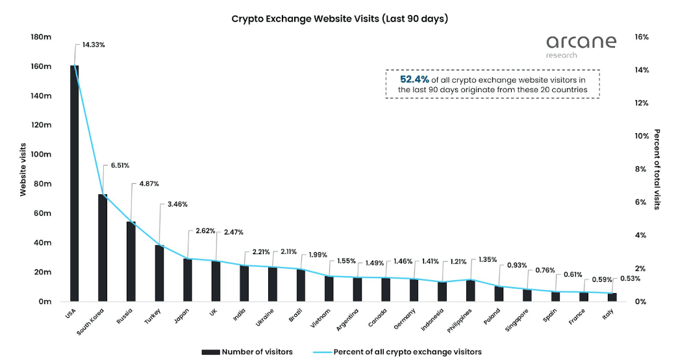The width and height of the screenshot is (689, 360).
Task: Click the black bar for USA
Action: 74,183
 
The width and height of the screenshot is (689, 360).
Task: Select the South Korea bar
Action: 103,248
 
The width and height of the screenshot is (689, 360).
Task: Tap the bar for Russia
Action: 131,261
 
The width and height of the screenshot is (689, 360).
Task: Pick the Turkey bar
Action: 159,273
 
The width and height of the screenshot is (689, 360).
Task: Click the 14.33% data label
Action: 94,45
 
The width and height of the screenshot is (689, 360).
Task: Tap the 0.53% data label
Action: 629,279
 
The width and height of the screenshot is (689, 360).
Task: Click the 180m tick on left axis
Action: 41,37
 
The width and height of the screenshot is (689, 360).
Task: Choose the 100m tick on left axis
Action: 41,155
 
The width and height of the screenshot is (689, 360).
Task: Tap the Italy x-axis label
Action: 607,315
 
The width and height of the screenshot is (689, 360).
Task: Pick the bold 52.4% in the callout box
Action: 414,79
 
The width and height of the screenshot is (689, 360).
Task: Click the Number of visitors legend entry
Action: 247,352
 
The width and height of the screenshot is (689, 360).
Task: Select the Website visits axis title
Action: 23,170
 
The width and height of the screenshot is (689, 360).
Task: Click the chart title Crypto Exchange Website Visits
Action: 340,19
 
